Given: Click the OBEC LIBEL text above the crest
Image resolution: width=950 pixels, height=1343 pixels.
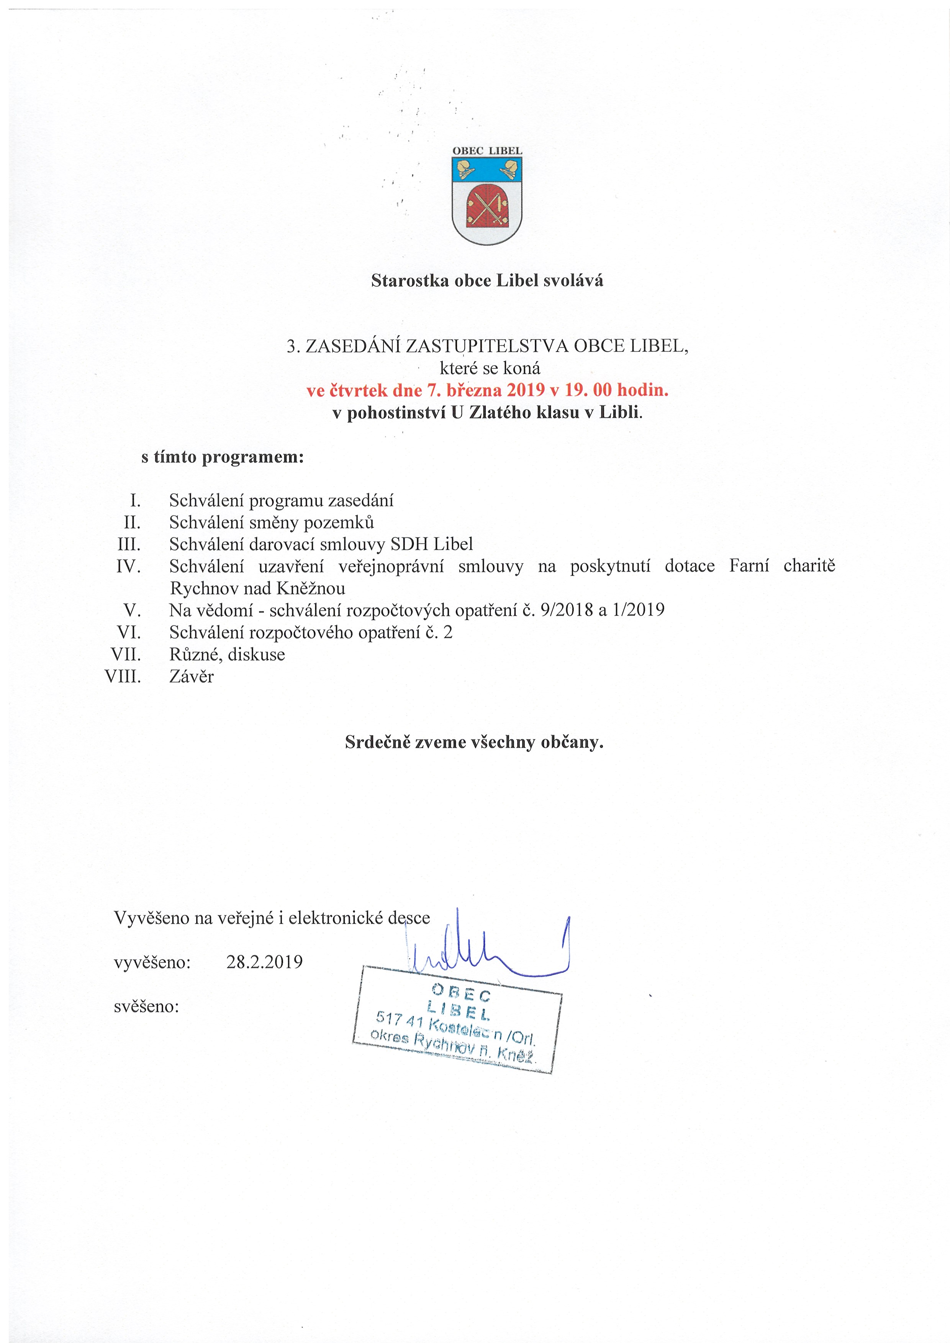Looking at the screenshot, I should pos(487,150).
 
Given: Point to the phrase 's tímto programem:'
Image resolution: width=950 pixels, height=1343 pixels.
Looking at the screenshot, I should pos(223,457).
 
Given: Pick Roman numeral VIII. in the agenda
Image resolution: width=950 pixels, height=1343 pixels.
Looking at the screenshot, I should pos(123,677).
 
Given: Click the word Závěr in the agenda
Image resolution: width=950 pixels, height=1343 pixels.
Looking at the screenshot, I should pos(192,677).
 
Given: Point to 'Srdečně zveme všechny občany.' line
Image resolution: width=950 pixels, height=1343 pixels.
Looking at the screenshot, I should pos(474,742).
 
